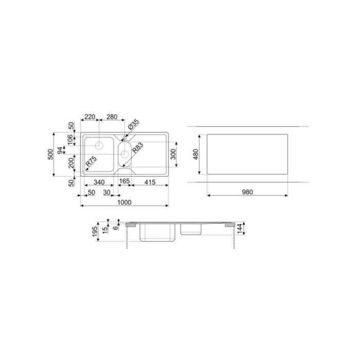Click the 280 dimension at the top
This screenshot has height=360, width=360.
112,117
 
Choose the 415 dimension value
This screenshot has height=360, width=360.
151,182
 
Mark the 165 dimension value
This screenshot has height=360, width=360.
124,182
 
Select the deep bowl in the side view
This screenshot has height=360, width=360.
159,232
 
